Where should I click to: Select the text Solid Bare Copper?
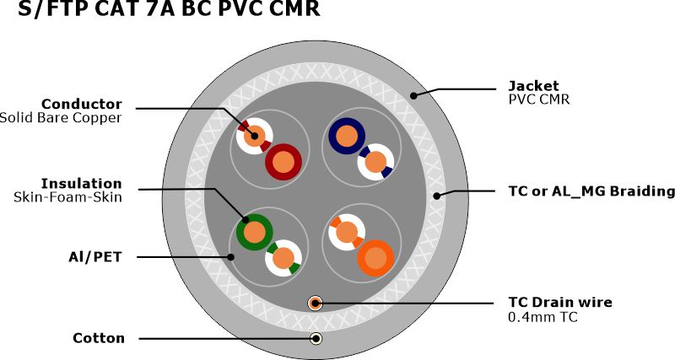coord(61,117)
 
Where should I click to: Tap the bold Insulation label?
coord(82,183)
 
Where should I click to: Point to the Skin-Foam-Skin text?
coord(67,196)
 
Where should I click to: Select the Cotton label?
coord(99,338)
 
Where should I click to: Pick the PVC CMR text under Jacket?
coord(538,99)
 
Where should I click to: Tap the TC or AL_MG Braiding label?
coord(591,191)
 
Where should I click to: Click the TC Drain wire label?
coord(559,302)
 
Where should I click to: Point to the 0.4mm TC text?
coord(543,316)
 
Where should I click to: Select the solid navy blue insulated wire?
coord(346,134)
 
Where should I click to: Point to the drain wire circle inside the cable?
coord(316,302)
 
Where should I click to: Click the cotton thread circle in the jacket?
coord(316,339)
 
